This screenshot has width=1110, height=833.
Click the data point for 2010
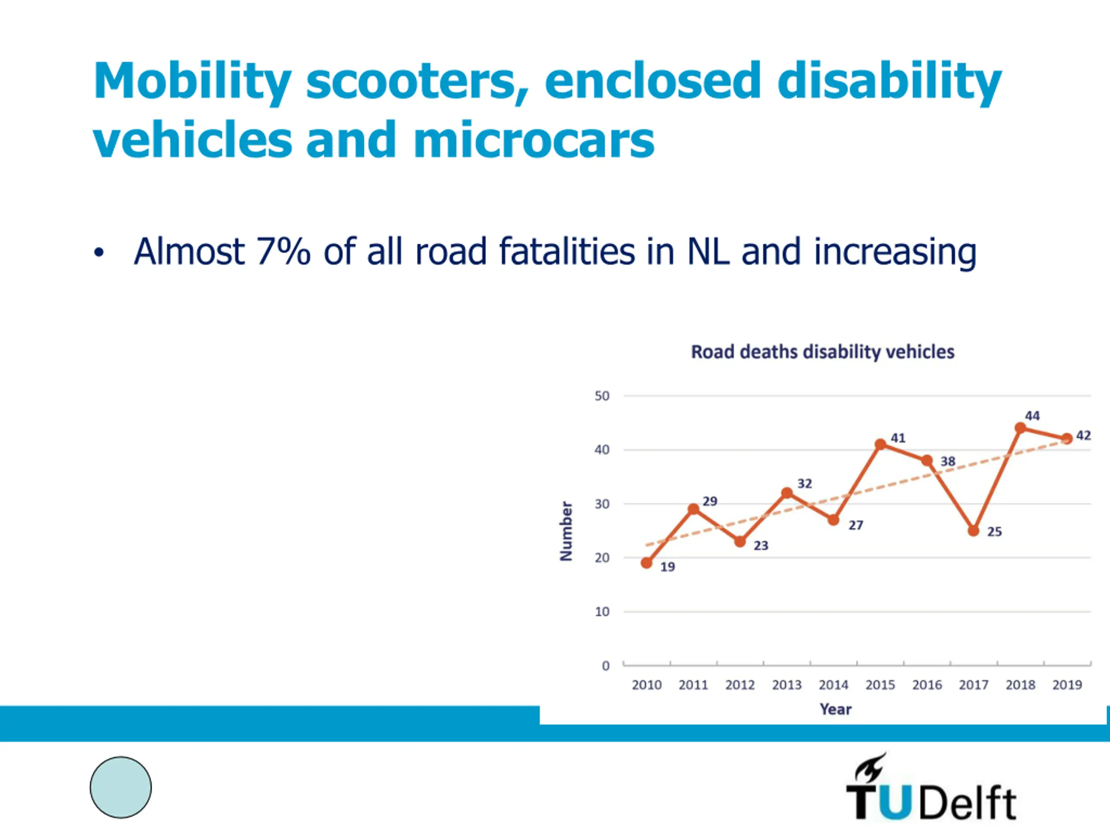pyautogui.click(x=647, y=563)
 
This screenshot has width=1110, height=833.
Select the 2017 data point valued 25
pyautogui.click(x=973, y=531)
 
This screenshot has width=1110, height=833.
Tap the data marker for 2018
pyautogui.click(x=1020, y=428)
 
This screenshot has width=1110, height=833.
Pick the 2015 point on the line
pyautogui.click(x=880, y=444)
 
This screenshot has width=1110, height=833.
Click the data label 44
pyautogui.click(x=1032, y=416)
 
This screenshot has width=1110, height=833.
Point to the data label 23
pyautogui.click(x=761, y=545)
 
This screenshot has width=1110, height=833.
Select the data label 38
pyautogui.click(x=947, y=461)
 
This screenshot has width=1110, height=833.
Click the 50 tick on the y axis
pyautogui.click(x=602, y=396)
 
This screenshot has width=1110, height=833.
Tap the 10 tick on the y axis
pyautogui.click(x=602, y=612)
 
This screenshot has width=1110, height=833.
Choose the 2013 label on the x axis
pyautogui.click(x=787, y=685)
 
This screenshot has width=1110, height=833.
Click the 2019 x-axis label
pyautogui.click(x=1067, y=685)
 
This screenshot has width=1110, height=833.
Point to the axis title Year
pyautogui.click(x=836, y=709)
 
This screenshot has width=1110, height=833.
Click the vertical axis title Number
pyautogui.click(x=566, y=531)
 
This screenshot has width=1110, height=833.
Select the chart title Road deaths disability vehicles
pyautogui.click(x=823, y=352)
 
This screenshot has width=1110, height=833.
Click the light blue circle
pyautogui.click(x=121, y=787)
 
